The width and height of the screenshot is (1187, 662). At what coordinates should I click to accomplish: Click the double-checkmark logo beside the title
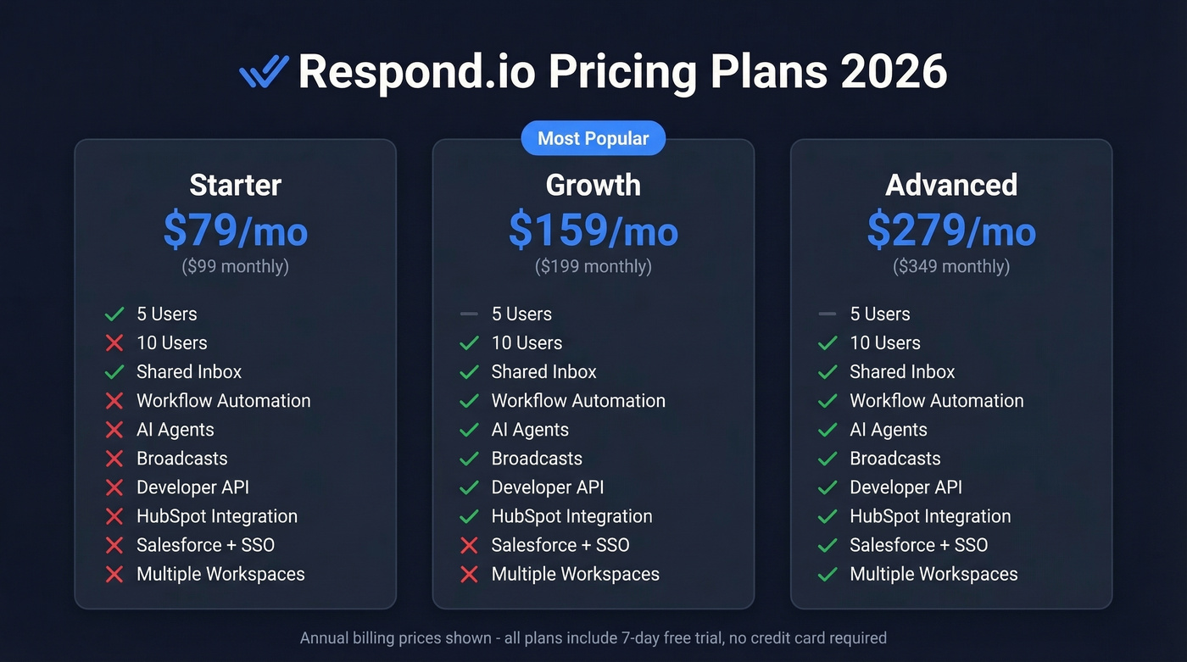pos(264,72)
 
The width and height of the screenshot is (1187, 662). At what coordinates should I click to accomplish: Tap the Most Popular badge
pos(593,138)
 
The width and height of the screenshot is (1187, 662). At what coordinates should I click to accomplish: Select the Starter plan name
pos(235,185)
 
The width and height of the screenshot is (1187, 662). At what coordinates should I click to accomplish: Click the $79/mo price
pos(235,230)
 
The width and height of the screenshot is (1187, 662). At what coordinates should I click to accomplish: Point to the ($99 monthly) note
pos(235,266)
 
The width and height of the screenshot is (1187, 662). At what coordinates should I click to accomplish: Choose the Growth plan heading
pos(593,185)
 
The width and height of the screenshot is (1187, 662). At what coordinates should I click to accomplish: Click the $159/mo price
pos(593,230)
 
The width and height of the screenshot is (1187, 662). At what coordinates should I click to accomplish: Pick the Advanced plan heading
pos(950,185)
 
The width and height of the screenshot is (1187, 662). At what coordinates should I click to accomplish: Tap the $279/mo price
pos(950,230)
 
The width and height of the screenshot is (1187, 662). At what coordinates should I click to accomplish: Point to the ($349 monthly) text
pos(950,266)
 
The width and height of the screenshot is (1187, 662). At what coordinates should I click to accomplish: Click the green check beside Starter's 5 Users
pos(114,314)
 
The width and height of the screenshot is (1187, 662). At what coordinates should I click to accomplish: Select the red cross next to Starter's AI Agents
pos(114,430)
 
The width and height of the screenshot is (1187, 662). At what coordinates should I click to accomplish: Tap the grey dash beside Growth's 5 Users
pos(469,314)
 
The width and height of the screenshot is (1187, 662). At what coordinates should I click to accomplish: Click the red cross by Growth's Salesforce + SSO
pos(469,545)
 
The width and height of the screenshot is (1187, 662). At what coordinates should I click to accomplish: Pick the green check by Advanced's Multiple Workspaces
pos(828,574)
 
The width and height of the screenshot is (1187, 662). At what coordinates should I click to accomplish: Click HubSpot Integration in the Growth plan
pos(571,516)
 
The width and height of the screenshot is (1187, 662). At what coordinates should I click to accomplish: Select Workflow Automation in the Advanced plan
pos(936,401)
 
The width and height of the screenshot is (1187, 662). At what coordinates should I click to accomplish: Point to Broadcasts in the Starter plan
pos(181,459)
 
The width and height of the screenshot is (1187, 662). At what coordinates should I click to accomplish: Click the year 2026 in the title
pos(894,72)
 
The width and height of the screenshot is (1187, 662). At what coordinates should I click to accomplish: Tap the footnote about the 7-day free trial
pos(593,637)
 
